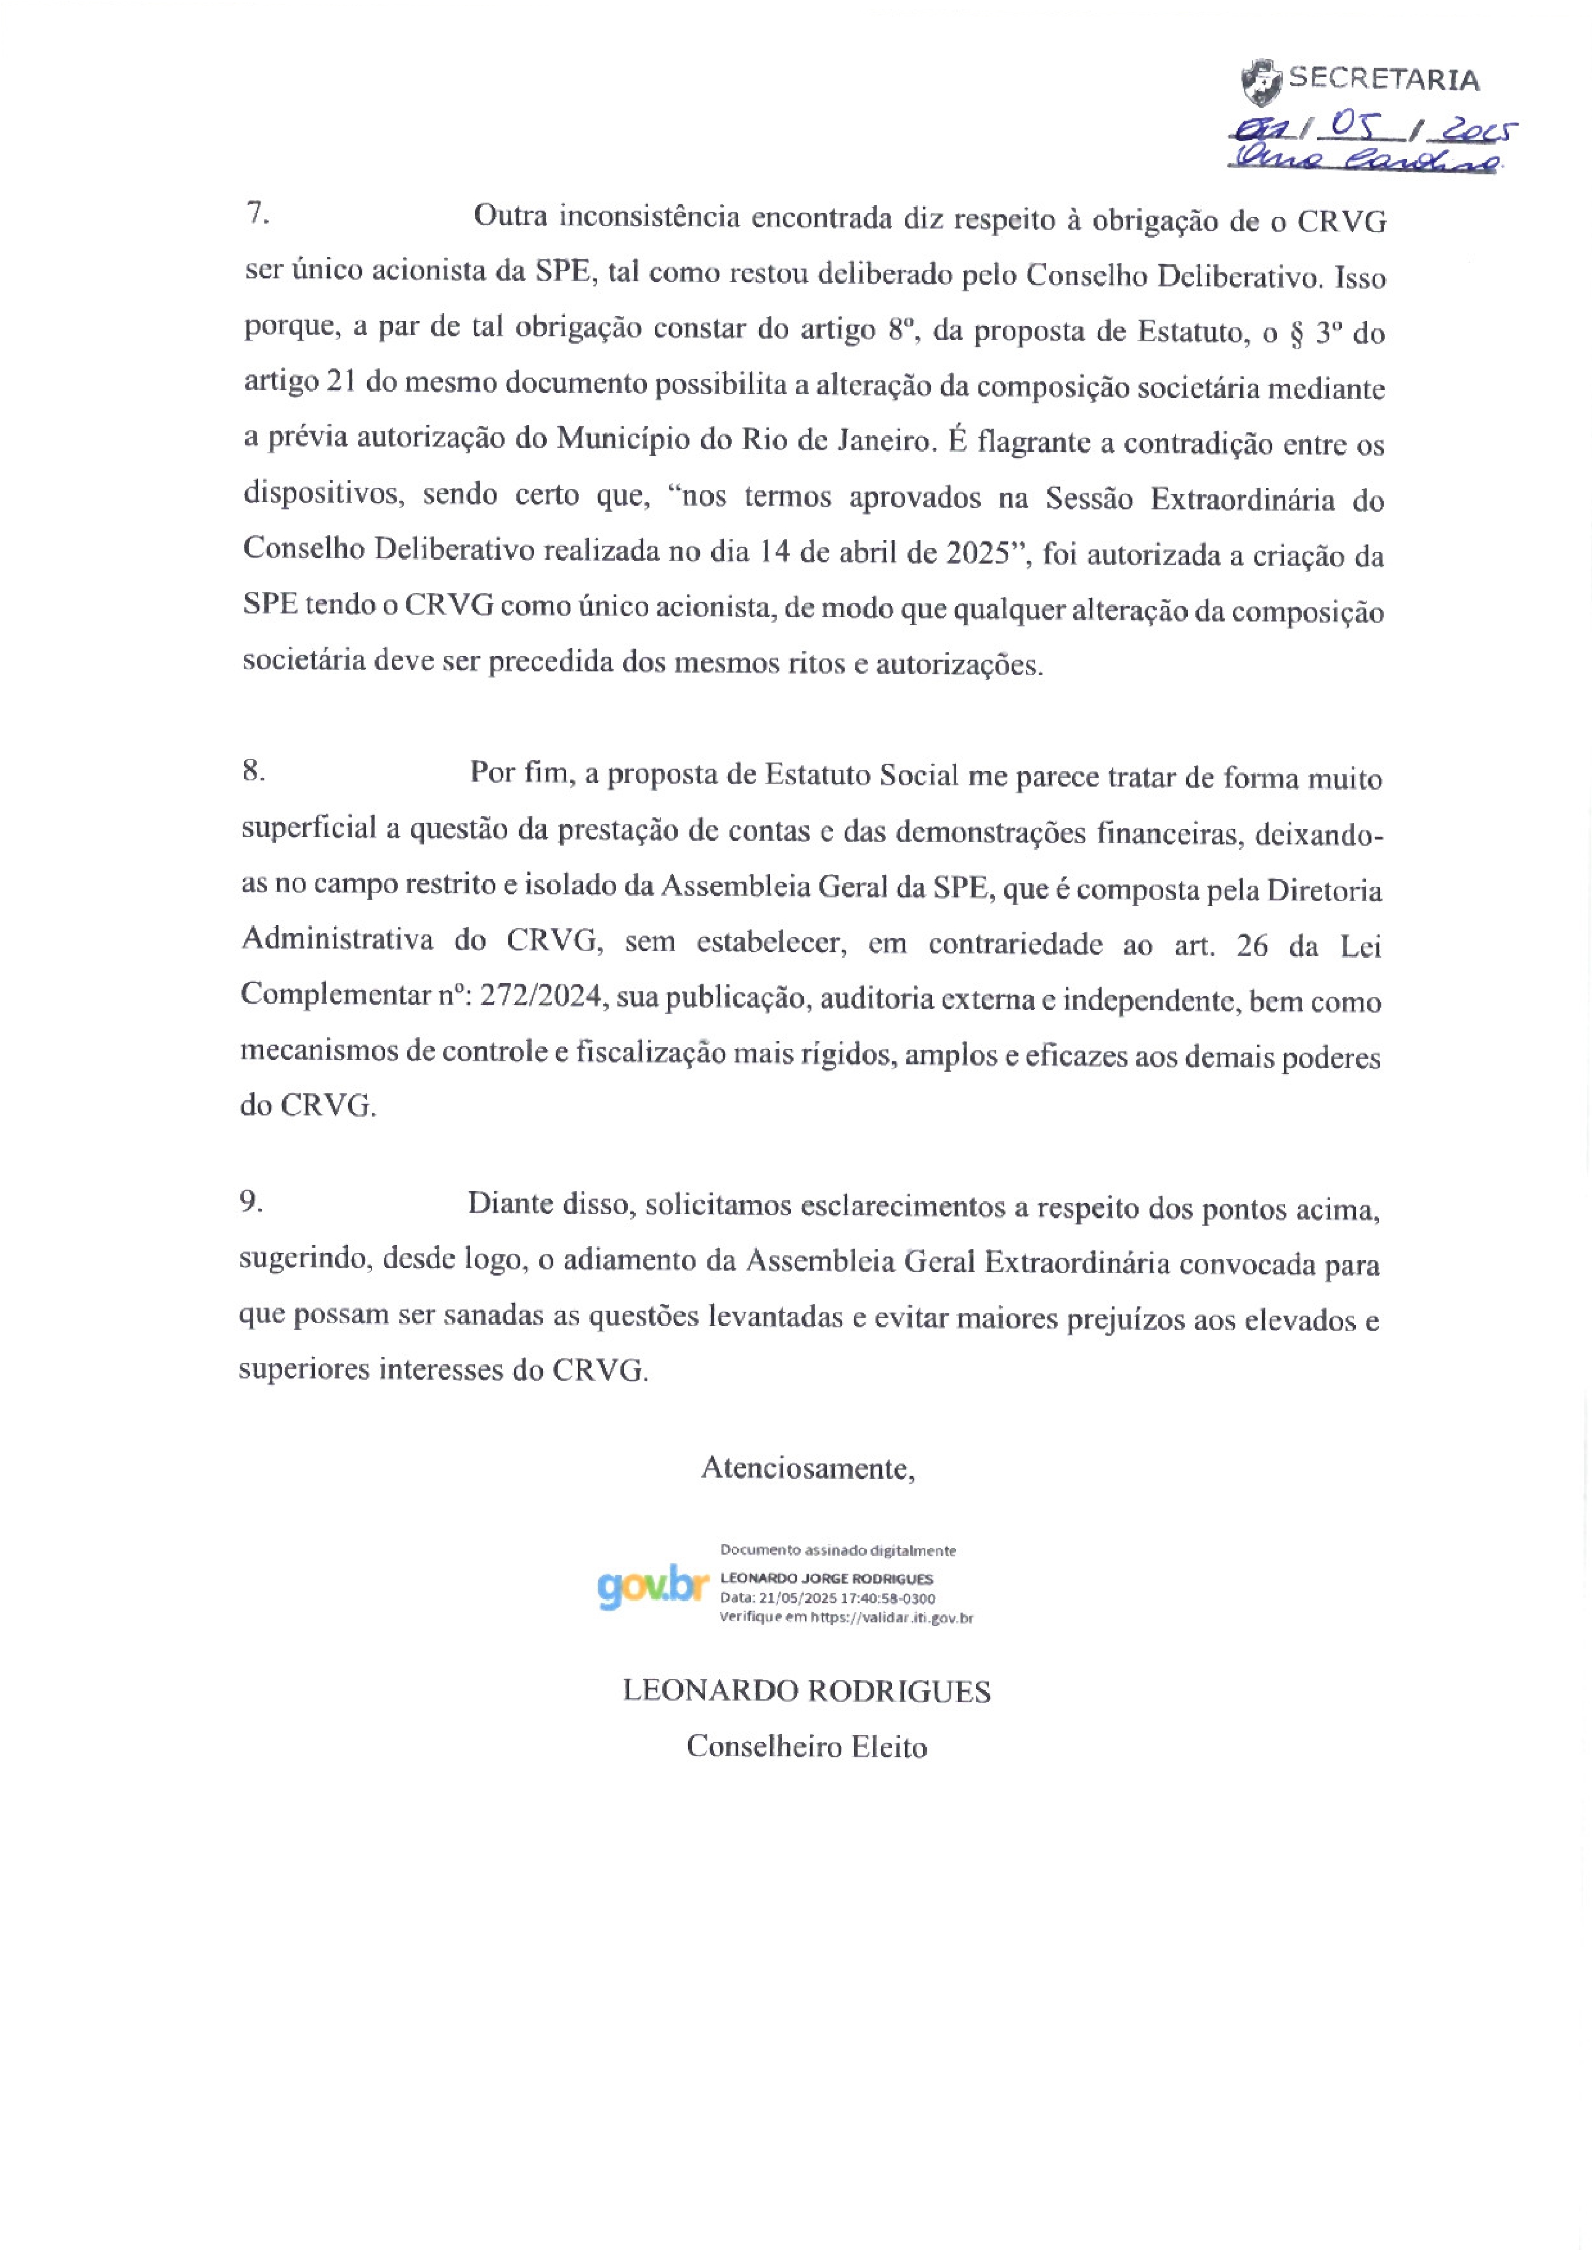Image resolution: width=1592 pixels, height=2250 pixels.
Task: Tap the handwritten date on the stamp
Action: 1373,127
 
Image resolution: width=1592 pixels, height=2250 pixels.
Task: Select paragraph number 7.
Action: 257,212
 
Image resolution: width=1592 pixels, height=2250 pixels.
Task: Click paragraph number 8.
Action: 254,771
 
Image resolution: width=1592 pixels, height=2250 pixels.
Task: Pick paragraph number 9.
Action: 251,1202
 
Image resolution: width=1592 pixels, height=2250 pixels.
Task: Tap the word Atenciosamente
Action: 808,1467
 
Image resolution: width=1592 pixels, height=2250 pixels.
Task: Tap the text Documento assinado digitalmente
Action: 838,1550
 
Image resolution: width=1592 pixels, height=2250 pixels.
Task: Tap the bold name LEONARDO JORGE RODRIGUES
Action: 826,1579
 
